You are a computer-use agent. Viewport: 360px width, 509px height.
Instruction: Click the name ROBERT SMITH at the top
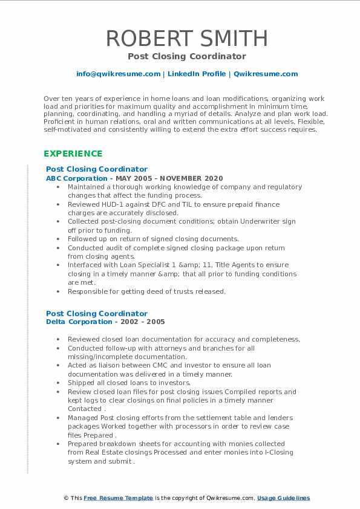pyautogui.click(x=187, y=38)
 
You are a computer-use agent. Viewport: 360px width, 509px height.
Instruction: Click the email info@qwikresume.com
pyautogui.click(x=118, y=74)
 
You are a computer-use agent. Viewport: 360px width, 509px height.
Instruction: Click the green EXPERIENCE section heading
pyautogui.click(x=73, y=154)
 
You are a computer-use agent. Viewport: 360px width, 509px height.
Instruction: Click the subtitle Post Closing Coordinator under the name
pyautogui.click(x=187, y=56)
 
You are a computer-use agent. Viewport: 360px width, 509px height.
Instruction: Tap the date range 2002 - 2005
pyautogui.click(x=144, y=322)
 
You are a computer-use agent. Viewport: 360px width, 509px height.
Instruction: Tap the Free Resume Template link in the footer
pyautogui.click(x=118, y=498)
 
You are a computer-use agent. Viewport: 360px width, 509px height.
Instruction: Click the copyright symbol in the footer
pyautogui.click(x=67, y=498)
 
